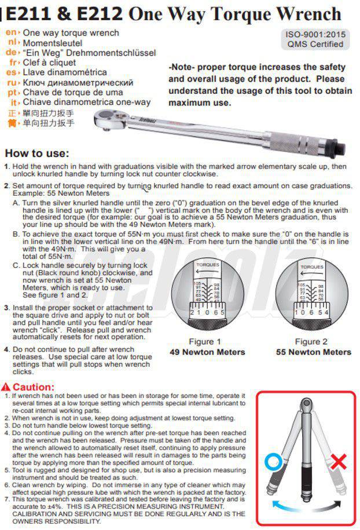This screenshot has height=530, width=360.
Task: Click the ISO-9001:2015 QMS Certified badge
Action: coord(315,39)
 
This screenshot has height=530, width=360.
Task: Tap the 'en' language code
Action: coord(12,33)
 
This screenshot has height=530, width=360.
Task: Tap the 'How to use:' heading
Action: coord(36,153)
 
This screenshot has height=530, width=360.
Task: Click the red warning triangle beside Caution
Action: coord(6,387)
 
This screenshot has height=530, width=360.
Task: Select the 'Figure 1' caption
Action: coord(205,342)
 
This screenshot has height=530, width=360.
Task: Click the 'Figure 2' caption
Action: coord(311,342)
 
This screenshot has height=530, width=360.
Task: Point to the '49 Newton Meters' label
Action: coord(207,352)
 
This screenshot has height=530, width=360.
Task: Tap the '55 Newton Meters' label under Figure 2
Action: coord(313,352)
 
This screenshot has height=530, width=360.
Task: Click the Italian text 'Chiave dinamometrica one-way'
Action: coord(86,102)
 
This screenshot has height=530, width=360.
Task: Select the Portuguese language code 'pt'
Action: coord(12,92)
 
